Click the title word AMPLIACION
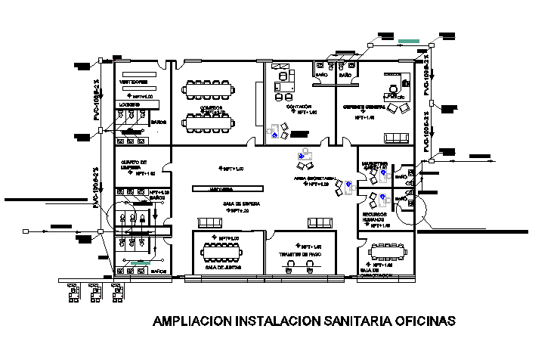pos(193,321)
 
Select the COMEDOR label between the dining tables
pos(211,107)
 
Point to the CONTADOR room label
pos(298,107)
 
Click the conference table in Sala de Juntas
pos(226,250)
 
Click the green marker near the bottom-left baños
pos(136,262)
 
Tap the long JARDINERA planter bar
pos(227,188)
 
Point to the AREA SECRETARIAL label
pos(315,181)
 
